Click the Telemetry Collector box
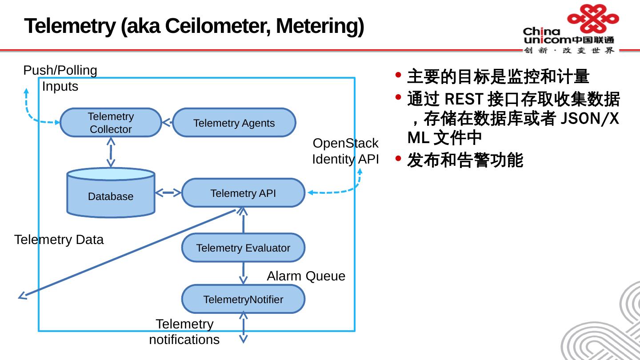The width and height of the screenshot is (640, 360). pyautogui.click(x=111, y=123)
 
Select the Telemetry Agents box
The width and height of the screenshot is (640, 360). pyautogui.click(x=234, y=123)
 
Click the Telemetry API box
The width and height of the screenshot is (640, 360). pyautogui.click(x=243, y=193)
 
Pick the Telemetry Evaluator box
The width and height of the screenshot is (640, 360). pyautogui.click(x=243, y=248)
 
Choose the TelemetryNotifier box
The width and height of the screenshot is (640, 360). pyautogui.click(x=243, y=299)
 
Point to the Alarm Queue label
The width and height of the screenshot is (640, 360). pyautogui.click(x=306, y=276)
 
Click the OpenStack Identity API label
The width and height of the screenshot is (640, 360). pyautogui.click(x=345, y=151)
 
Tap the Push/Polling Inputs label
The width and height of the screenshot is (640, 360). pyautogui.click(x=60, y=78)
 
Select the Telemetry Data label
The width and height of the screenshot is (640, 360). pyautogui.click(x=59, y=240)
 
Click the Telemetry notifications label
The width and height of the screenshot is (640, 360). pyautogui.click(x=184, y=332)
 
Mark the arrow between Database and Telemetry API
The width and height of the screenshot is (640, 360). pyautogui.click(x=168, y=193)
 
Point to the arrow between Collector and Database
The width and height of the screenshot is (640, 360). pyautogui.click(x=111, y=152)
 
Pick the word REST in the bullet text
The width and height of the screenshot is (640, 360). pyautogui.click(x=464, y=99)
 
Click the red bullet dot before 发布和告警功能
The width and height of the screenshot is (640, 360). pyautogui.click(x=398, y=158)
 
